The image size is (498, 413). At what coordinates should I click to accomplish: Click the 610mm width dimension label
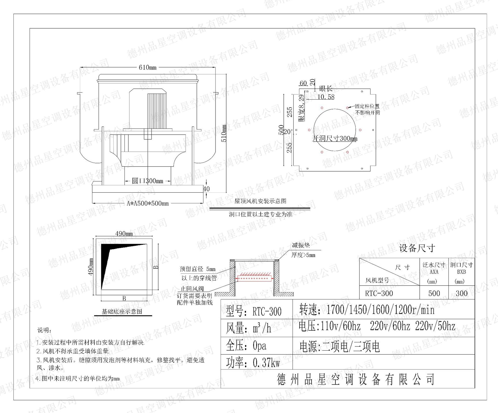pyautogui.click(x=148, y=68)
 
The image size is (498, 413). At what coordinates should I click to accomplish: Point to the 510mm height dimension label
pyautogui.click(x=224, y=133)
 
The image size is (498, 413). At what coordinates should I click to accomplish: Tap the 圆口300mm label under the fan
pyautogui.click(x=148, y=181)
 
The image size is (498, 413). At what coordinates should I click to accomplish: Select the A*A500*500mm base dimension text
pyautogui.click(x=148, y=204)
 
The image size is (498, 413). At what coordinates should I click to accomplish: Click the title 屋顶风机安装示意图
pyautogui.click(x=260, y=201)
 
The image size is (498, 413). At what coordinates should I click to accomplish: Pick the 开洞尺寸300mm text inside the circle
pyautogui.click(x=335, y=138)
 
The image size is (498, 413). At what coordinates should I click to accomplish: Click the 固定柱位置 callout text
pyautogui.click(x=367, y=106)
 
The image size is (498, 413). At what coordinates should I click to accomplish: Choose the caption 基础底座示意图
pyautogui.click(x=122, y=311)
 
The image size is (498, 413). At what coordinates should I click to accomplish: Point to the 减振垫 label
pyautogui.click(x=301, y=245)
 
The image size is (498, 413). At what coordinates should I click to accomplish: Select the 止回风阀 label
pyautogui.click(x=192, y=289)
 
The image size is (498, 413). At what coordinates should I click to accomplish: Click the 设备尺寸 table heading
pyautogui.click(x=417, y=248)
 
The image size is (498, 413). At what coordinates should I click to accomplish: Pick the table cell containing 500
pyautogui.click(x=434, y=293)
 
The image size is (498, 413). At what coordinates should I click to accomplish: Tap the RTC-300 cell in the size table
pyautogui.click(x=379, y=293)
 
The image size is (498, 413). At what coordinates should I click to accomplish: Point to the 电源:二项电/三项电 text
pyautogui.click(x=340, y=346)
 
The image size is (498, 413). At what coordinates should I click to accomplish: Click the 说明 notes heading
pyautogui.click(x=44, y=330)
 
